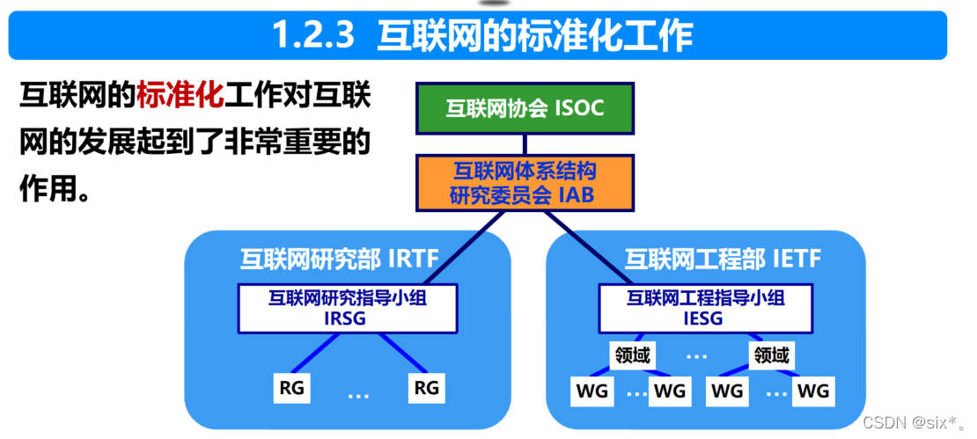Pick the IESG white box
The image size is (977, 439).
(x=705, y=308)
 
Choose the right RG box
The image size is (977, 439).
(x=425, y=387)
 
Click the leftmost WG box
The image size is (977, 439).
(x=591, y=391)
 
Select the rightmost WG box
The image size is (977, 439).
(x=812, y=391)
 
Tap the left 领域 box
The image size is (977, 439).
(x=631, y=355)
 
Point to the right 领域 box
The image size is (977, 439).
(x=771, y=355)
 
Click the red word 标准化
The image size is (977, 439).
(x=180, y=96)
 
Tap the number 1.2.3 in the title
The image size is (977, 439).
(x=312, y=35)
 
